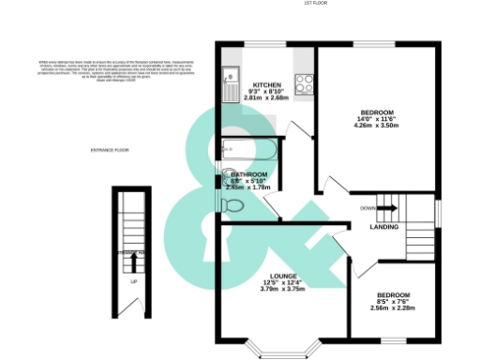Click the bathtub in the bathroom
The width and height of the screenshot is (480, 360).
(248, 150)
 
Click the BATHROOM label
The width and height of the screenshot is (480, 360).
(250, 175)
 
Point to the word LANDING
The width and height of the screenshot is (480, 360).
(384, 227)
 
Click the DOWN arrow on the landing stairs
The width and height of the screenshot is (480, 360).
(387, 209)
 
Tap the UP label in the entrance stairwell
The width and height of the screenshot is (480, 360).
(135, 282)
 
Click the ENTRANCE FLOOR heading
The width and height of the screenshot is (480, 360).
(109, 151)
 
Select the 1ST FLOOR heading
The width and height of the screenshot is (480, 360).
(316, 4)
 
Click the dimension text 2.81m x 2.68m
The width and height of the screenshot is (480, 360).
(265, 97)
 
